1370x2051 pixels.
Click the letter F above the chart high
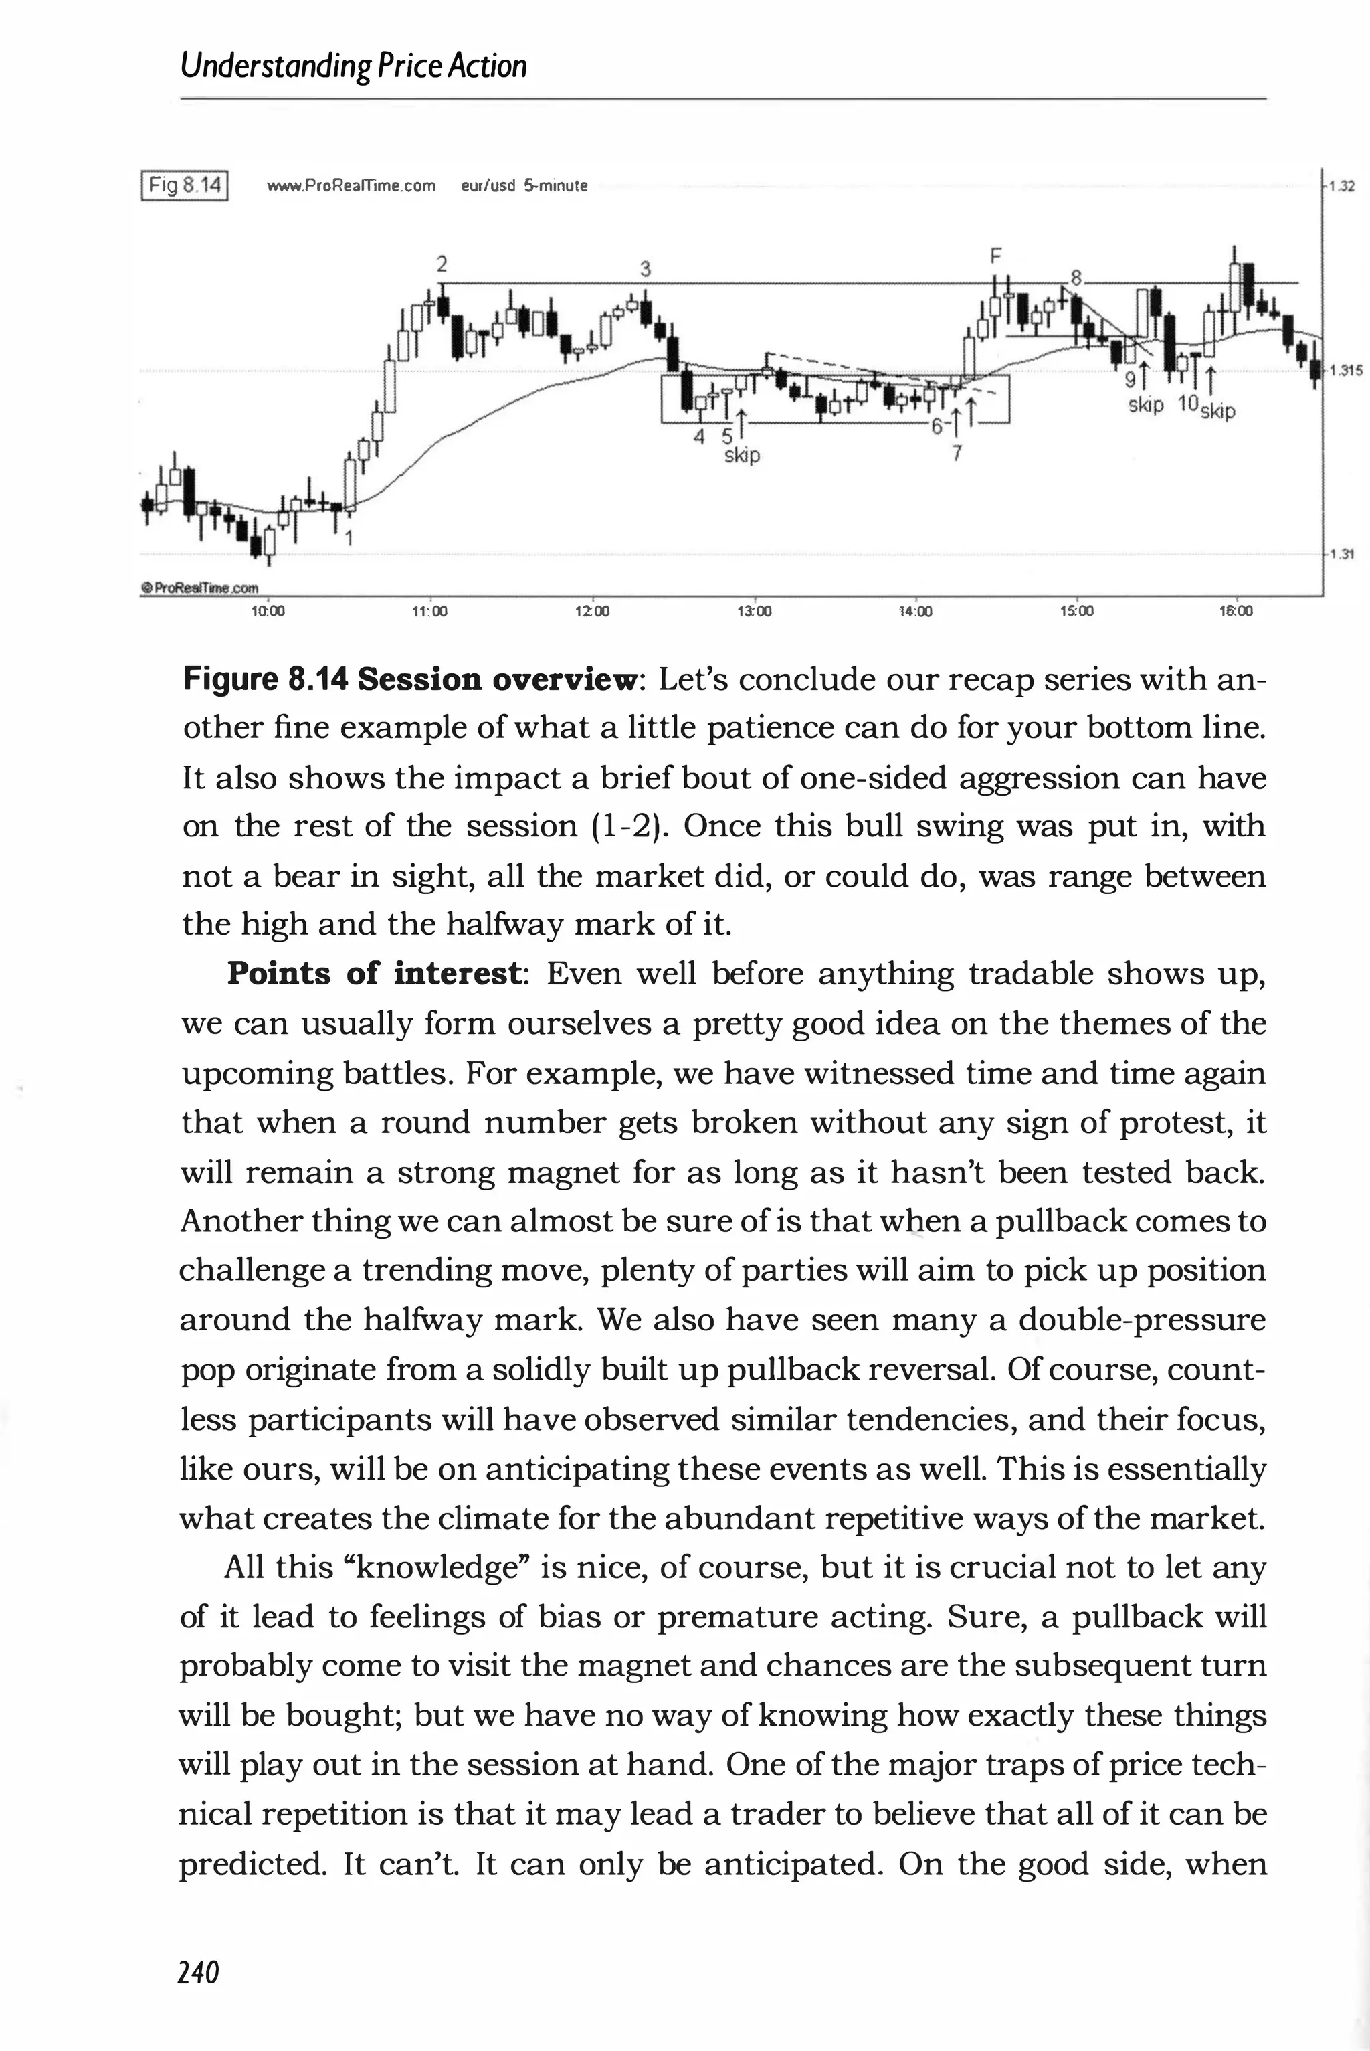coord(993,256)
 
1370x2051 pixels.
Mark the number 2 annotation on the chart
coord(442,263)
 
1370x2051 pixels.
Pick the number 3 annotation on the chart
coord(645,269)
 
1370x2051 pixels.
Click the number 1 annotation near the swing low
coord(348,539)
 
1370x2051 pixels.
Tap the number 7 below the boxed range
coord(956,454)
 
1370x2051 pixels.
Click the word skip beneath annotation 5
coord(743,455)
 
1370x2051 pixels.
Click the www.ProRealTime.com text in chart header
coord(351,186)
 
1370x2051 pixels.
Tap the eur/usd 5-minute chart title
coord(524,186)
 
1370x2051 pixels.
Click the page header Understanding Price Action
coord(353,66)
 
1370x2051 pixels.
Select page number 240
coord(198,1972)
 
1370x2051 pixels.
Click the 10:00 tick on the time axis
coord(268,612)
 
